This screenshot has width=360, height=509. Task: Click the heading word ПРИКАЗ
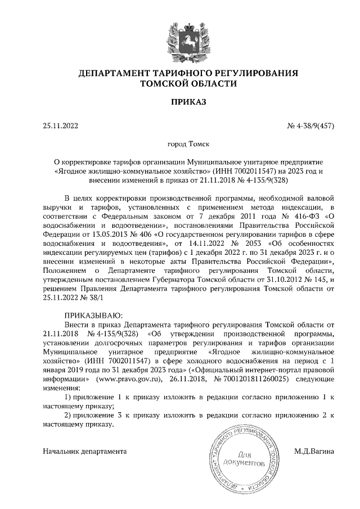(180, 102)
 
